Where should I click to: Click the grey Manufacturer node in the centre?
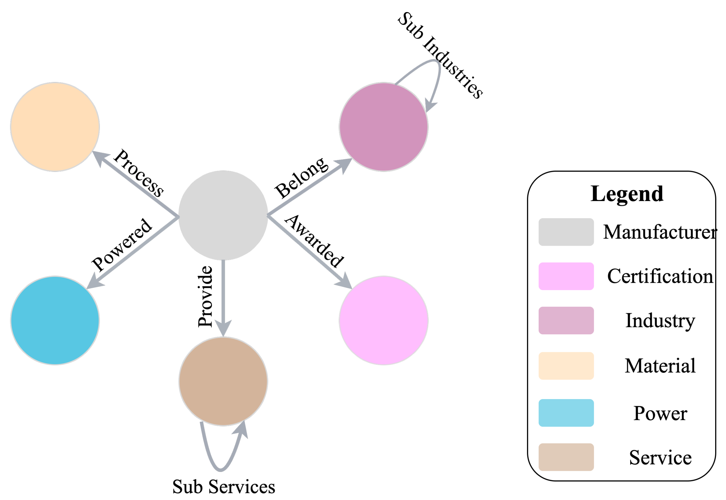pyautogui.click(x=223, y=215)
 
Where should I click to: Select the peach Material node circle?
pyautogui.click(x=55, y=127)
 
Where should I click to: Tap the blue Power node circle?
pyautogui.click(x=55, y=320)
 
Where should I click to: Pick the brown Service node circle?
pyautogui.click(x=223, y=381)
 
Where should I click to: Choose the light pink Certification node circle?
pyautogui.click(x=384, y=320)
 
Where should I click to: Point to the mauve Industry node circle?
pyautogui.click(x=384, y=127)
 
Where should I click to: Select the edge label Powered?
pyautogui.click(x=122, y=244)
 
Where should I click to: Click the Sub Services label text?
pyautogui.click(x=224, y=487)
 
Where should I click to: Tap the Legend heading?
pyautogui.click(x=627, y=194)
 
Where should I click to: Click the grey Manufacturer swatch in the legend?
pyautogui.click(x=566, y=232)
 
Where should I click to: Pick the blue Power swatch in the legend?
pyautogui.click(x=566, y=413)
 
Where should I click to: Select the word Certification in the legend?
pyautogui.click(x=660, y=276)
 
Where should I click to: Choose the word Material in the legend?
pyautogui.click(x=660, y=366)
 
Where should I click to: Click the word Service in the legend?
pyautogui.click(x=660, y=457)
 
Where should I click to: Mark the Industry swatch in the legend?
pyautogui.click(x=566, y=321)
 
